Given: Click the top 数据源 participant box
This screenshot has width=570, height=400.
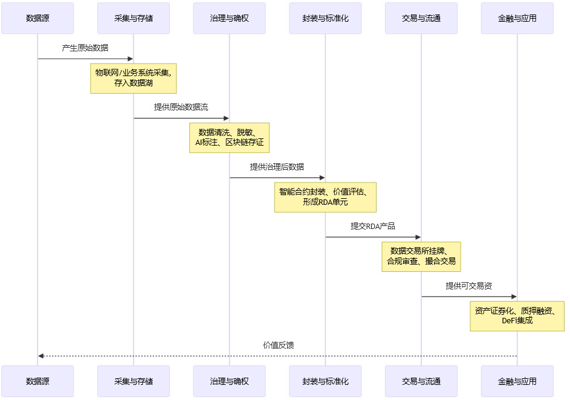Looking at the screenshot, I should (37, 18).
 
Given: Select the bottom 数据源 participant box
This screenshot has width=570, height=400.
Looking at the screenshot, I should (37, 381).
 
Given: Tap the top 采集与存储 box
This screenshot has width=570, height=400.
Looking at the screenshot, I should (134, 18).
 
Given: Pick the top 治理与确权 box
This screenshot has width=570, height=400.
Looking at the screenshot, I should (229, 18).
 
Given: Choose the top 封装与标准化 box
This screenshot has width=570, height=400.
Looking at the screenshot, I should (325, 18).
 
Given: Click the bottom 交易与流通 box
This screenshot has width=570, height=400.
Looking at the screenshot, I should (421, 381).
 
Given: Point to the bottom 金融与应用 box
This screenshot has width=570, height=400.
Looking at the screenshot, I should (517, 381).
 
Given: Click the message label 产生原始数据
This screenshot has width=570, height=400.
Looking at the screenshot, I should (85, 48).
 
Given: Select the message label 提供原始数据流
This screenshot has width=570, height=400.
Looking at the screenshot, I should (181, 107).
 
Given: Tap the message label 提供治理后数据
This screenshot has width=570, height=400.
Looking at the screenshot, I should (277, 167).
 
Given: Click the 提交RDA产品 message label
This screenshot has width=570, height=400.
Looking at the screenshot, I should (373, 226).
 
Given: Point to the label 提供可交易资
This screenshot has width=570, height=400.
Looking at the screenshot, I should (469, 286).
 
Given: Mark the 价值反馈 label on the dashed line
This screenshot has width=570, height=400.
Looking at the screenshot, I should (278, 345).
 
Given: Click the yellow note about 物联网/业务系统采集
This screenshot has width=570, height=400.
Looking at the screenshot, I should (134, 79).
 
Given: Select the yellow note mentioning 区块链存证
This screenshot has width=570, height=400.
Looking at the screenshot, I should (229, 138).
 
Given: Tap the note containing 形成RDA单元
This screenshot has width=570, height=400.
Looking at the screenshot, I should (325, 198).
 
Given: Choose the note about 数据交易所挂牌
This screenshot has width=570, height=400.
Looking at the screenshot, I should (421, 257).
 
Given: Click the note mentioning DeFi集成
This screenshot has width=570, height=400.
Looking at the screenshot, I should (517, 316).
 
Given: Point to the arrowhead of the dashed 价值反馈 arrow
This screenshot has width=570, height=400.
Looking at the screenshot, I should (40, 356).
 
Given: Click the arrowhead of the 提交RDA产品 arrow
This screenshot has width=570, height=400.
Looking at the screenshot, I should (418, 237).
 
